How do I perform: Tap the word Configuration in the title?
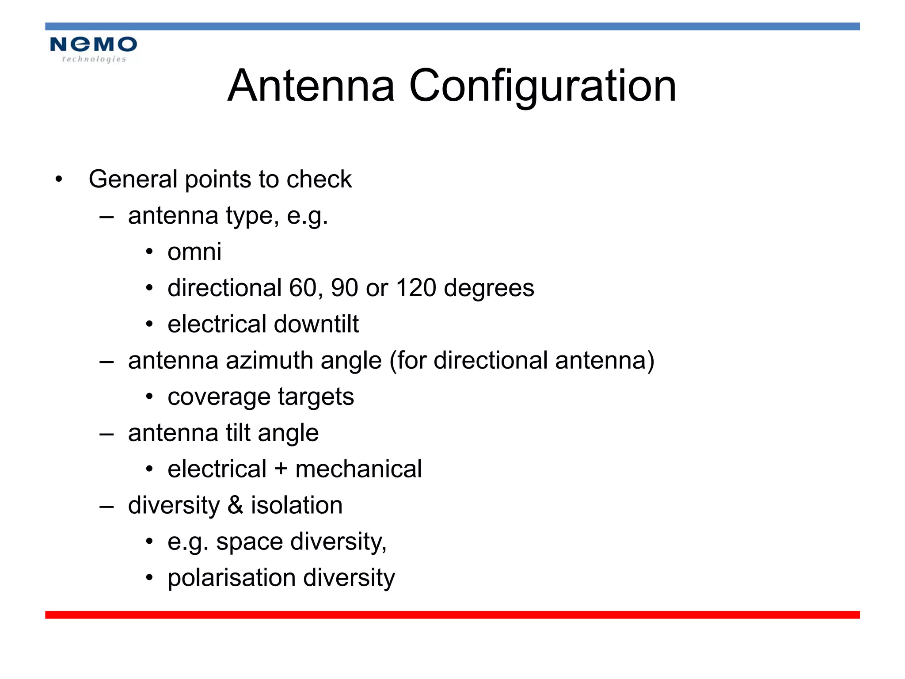[x=543, y=87]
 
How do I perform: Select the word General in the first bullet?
[x=133, y=179]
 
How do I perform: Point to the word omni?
[x=194, y=252]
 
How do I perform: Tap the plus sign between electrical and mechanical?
[x=281, y=469]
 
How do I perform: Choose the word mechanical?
[x=358, y=469]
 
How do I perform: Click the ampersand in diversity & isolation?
[x=236, y=505]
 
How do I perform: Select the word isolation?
[x=297, y=505]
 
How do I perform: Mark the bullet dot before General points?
[x=59, y=180]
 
